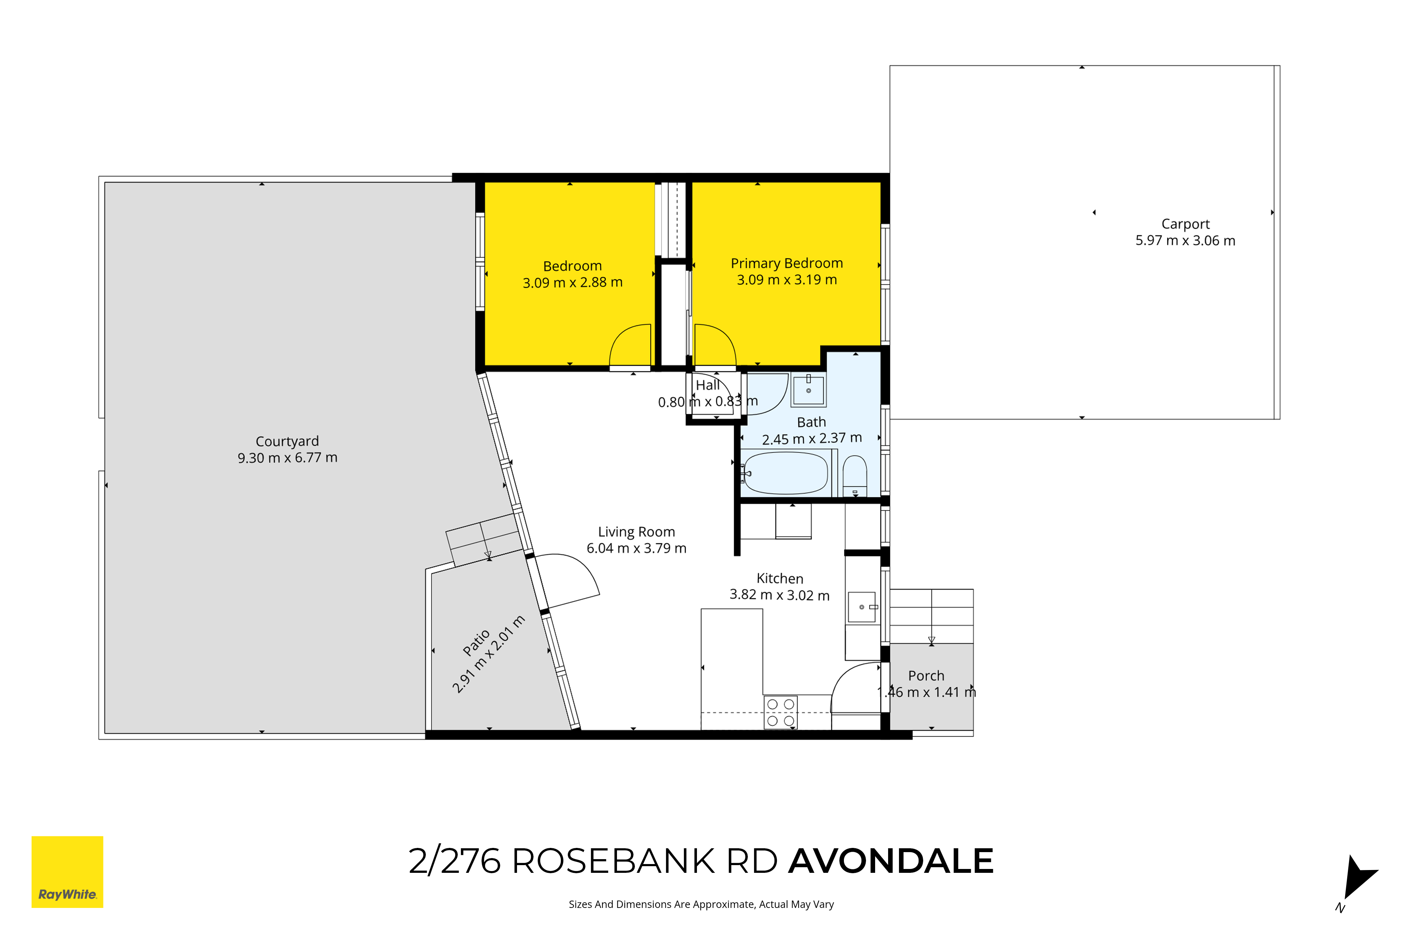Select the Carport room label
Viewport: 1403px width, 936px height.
coord(1185,224)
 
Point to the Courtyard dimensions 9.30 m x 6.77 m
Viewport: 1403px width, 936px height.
coord(288,458)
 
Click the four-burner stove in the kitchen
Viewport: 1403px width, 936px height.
coord(780,712)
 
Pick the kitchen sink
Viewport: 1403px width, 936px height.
coord(862,607)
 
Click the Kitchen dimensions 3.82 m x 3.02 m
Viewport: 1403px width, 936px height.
coord(780,595)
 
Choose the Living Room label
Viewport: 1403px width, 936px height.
coord(637,532)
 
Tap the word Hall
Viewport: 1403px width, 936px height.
coord(708,385)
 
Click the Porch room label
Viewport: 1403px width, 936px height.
coord(926,676)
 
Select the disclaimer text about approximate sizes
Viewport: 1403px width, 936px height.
coord(701,904)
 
